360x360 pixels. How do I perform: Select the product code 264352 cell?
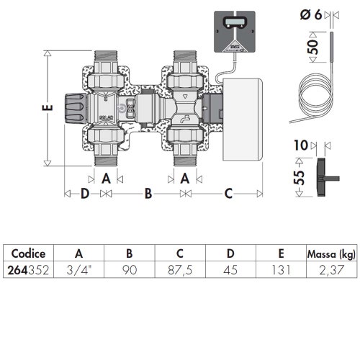pyautogui.click(x=28, y=271)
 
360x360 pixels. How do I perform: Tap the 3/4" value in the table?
pyautogui.click(x=78, y=271)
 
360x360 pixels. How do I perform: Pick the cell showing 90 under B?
pyautogui.click(x=129, y=271)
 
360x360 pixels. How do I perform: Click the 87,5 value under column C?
pyautogui.click(x=180, y=271)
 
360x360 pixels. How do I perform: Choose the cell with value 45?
pyautogui.click(x=230, y=271)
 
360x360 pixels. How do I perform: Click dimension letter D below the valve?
pyautogui.click(x=84, y=194)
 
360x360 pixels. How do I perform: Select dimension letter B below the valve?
pyautogui.click(x=148, y=194)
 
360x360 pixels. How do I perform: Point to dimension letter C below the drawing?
pyautogui.click(x=228, y=194)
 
